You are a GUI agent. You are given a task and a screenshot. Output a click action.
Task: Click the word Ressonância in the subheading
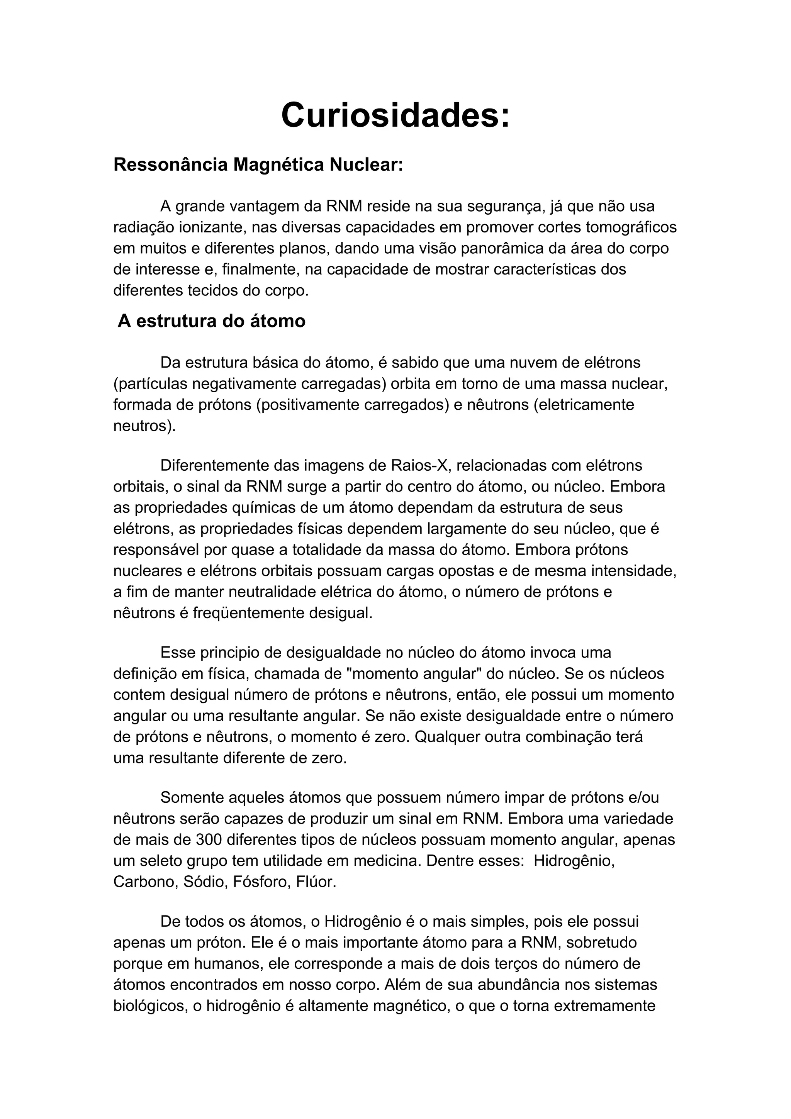[171, 165]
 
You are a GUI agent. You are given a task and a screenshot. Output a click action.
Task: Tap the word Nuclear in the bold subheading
[366, 165]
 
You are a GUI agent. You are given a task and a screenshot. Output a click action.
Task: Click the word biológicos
[149, 1006]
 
